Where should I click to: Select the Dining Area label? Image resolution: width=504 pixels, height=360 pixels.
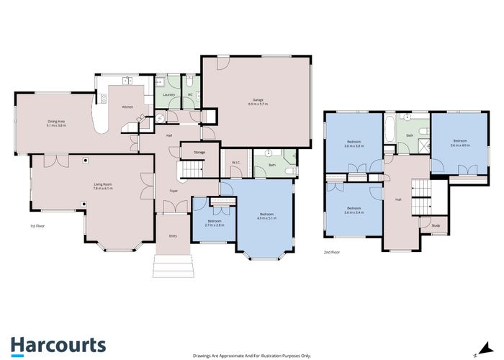click(56, 123)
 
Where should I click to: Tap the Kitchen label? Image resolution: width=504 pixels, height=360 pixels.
click(127, 107)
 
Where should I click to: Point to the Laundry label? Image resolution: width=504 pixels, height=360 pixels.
click(169, 94)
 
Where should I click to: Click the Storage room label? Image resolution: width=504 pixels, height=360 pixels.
click(199, 152)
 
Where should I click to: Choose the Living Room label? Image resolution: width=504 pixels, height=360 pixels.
click(102, 187)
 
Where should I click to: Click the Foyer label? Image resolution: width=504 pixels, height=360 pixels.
click(174, 191)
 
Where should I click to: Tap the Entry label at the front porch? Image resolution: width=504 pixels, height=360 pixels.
click(173, 235)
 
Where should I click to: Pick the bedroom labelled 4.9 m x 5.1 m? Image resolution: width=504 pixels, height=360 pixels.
click(266, 215)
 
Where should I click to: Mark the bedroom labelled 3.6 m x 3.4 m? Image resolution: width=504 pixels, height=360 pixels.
click(354, 211)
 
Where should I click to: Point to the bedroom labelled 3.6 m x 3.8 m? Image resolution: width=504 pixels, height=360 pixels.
click(354, 143)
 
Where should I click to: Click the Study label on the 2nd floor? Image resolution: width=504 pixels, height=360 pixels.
click(436, 226)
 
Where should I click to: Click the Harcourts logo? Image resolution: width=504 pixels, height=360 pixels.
click(58, 344)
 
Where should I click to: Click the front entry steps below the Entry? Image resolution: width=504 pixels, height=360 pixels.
click(173, 268)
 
